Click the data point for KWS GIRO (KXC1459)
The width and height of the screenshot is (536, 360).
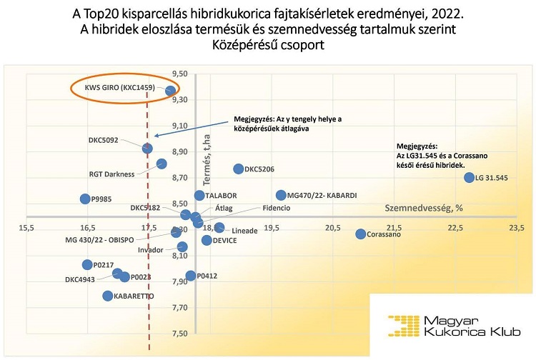click(171, 91)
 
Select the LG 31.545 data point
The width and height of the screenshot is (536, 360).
click(469, 177)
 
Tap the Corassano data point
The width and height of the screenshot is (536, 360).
click(361, 234)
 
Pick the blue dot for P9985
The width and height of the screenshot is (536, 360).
click(85, 199)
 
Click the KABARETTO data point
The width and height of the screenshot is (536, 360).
click(108, 296)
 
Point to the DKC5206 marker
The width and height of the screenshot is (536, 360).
click(239, 169)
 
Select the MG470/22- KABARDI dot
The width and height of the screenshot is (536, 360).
click(281, 195)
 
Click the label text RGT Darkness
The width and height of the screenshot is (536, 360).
click(112, 174)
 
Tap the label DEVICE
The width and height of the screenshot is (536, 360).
click(225, 241)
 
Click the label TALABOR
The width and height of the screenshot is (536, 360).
click(222, 196)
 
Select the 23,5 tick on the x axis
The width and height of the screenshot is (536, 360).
click(515, 228)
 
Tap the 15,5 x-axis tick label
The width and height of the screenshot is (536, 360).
click(27, 228)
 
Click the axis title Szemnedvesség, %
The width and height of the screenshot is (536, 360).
click(425, 208)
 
